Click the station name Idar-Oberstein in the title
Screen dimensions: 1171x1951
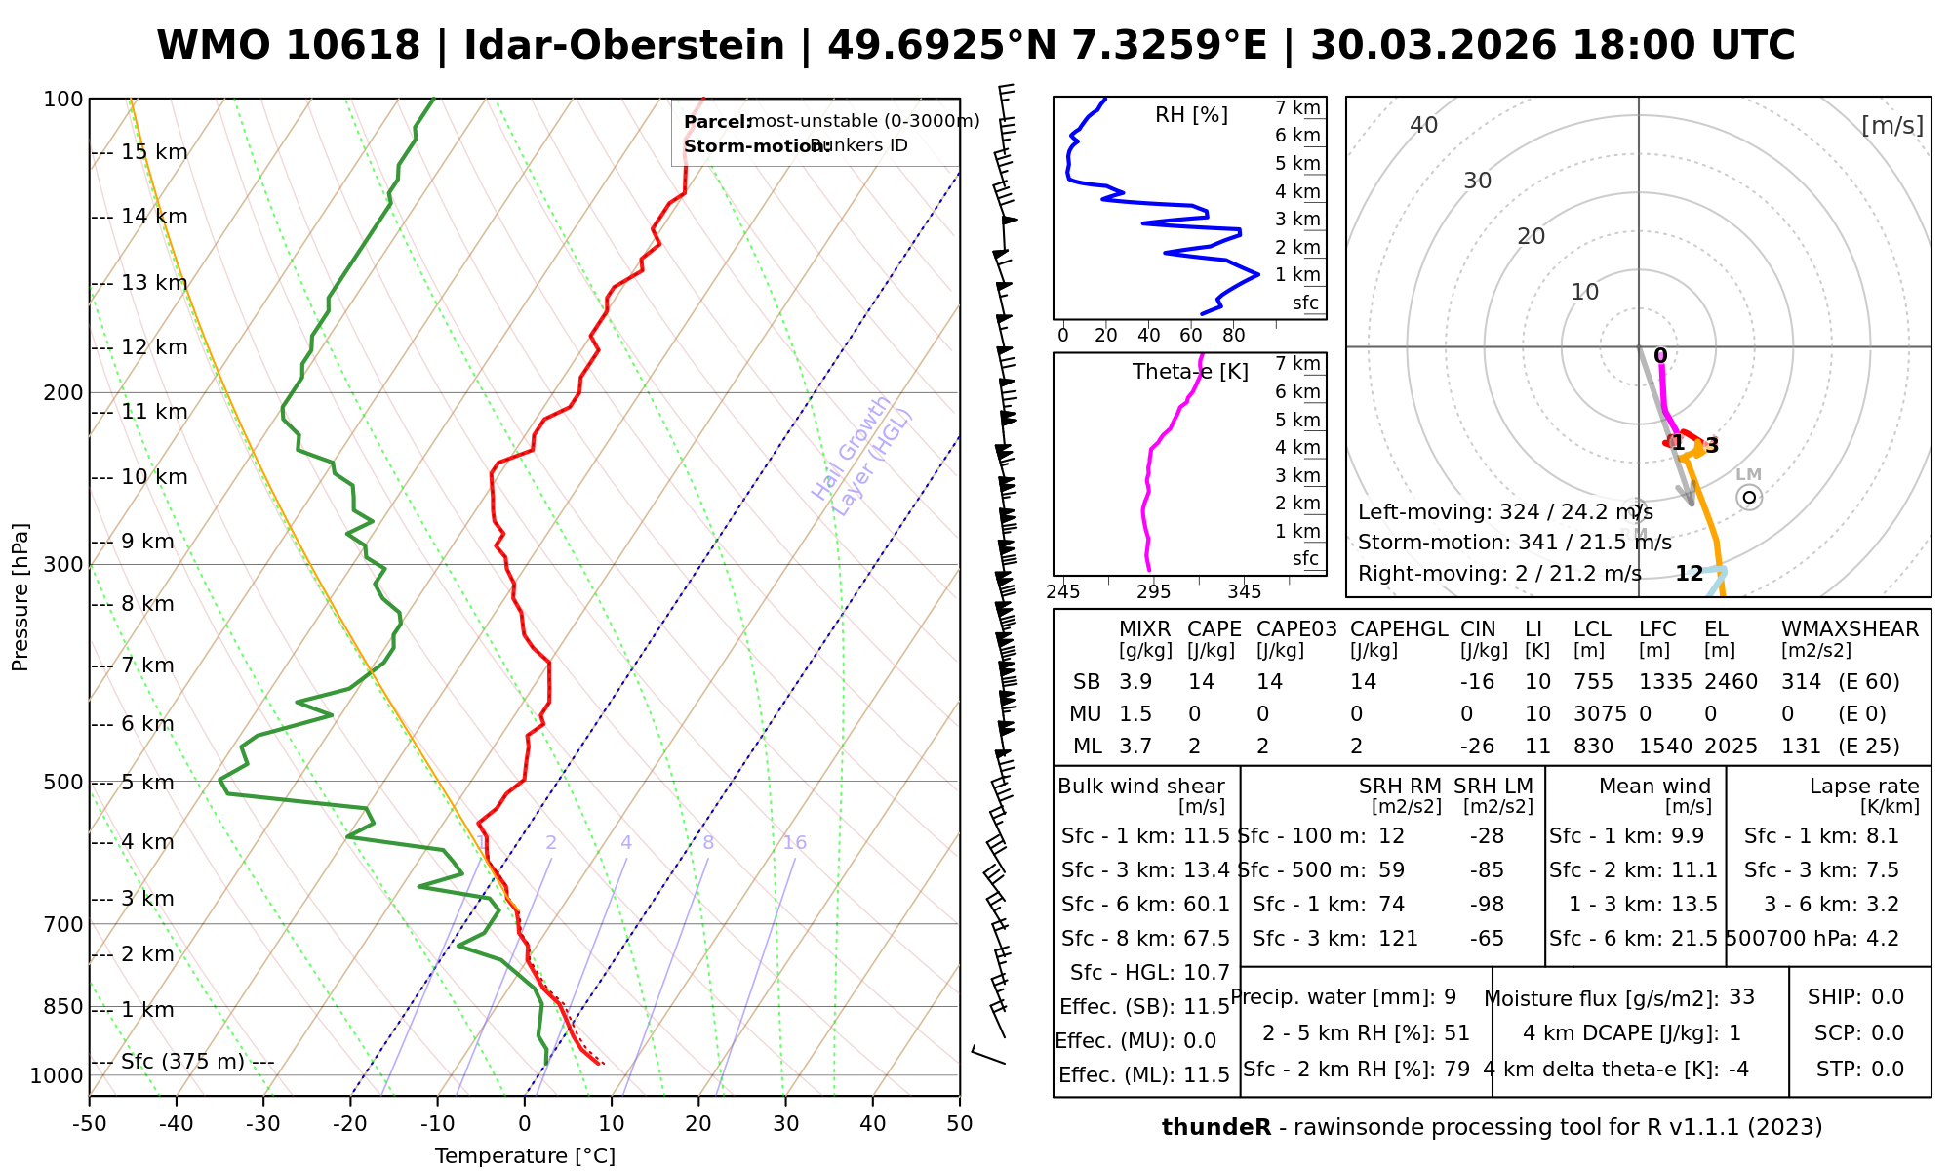pos(624,46)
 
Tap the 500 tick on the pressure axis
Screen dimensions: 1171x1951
pos(64,783)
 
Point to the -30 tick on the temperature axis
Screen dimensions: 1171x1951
pos(263,1124)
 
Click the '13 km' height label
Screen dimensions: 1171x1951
pos(154,283)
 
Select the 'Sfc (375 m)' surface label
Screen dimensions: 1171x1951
pos(182,1062)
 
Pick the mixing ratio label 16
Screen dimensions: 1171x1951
pos(795,843)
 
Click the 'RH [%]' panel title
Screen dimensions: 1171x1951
pos(1191,115)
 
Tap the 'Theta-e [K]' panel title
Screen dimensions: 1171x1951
pos(1190,372)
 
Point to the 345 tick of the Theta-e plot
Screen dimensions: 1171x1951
pos(1244,592)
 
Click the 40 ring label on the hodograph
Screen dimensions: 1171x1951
pos(1424,125)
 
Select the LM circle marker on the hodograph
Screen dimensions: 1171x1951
pos(1749,498)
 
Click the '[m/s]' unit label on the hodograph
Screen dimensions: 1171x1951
pos(1892,125)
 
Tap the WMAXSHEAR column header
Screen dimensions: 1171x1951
pos(1850,629)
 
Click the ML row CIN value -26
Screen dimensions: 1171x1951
pos(1477,747)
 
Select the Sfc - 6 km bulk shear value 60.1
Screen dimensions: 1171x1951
pos(1206,905)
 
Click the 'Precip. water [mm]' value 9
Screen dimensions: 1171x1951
pos(1450,997)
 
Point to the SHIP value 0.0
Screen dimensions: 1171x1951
pos(1888,997)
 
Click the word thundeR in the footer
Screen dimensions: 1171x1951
pos(1216,1128)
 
